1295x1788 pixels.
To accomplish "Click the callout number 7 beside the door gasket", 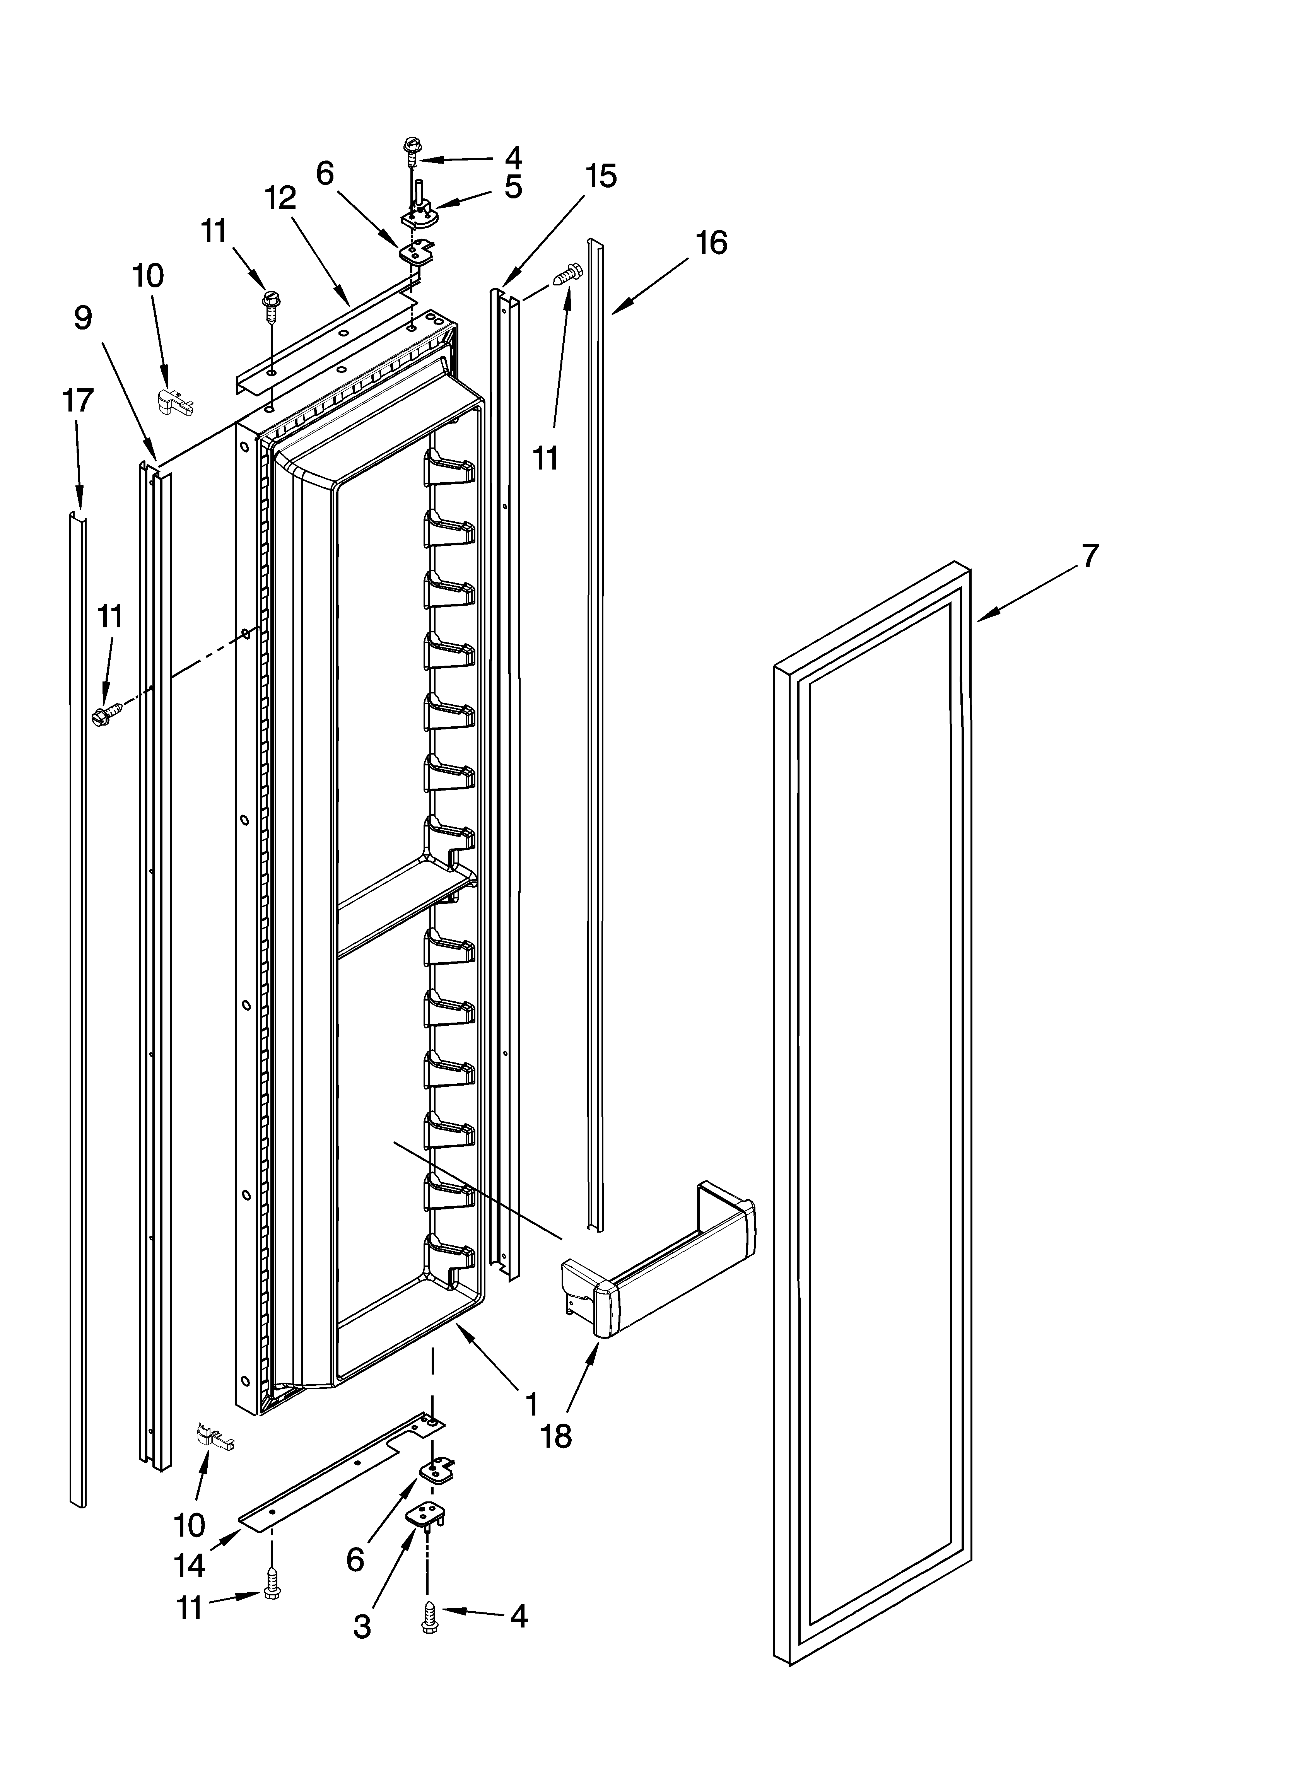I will coord(1089,557).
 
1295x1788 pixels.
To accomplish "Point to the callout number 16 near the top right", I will coord(711,243).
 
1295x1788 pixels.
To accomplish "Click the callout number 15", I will coord(601,177).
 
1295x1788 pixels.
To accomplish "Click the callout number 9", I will coord(83,318).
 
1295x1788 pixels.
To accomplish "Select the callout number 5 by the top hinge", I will coord(513,188).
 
